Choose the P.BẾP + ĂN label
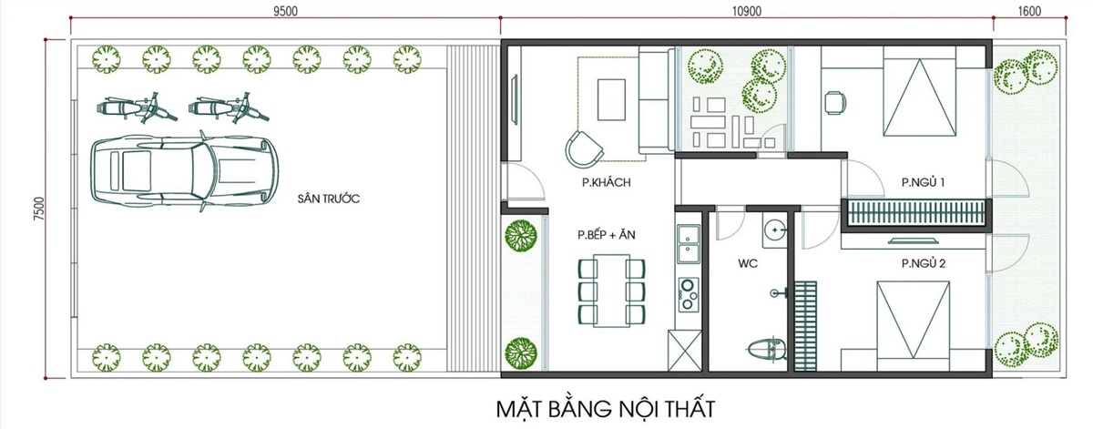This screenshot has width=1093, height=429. click(606, 235)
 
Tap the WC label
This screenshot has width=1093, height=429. click(748, 264)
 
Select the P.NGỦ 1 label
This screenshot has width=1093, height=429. click(923, 183)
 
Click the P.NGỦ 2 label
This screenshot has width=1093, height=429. click(923, 264)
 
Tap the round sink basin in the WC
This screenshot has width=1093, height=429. click(773, 230)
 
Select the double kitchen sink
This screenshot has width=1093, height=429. click(688, 243)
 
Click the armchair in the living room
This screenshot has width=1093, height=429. click(584, 147)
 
